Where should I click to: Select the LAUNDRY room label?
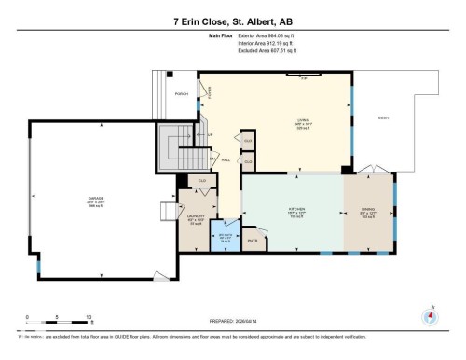pos(196,221)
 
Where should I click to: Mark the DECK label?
pos(383,117)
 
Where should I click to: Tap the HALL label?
pos(226,160)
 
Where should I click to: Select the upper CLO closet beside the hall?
pos(248,140)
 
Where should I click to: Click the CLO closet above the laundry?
pos(200,181)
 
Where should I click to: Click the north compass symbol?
pos(430,314)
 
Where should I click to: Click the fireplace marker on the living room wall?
pos(303,77)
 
